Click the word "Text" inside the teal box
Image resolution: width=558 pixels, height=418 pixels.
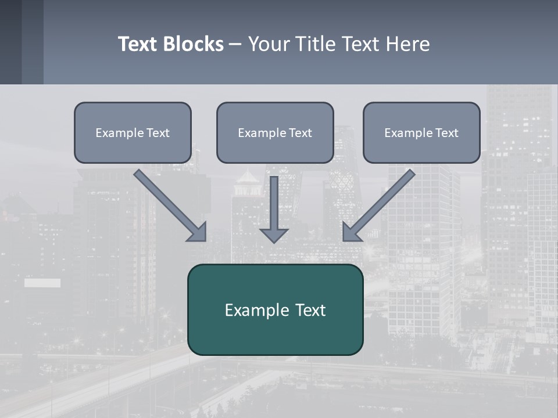[x=310, y=310]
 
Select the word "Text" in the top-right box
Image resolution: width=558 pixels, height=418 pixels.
[x=446, y=133]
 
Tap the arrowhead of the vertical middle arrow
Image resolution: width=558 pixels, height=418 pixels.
[x=274, y=235]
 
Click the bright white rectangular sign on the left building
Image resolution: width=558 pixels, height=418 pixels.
[x=42, y=283]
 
